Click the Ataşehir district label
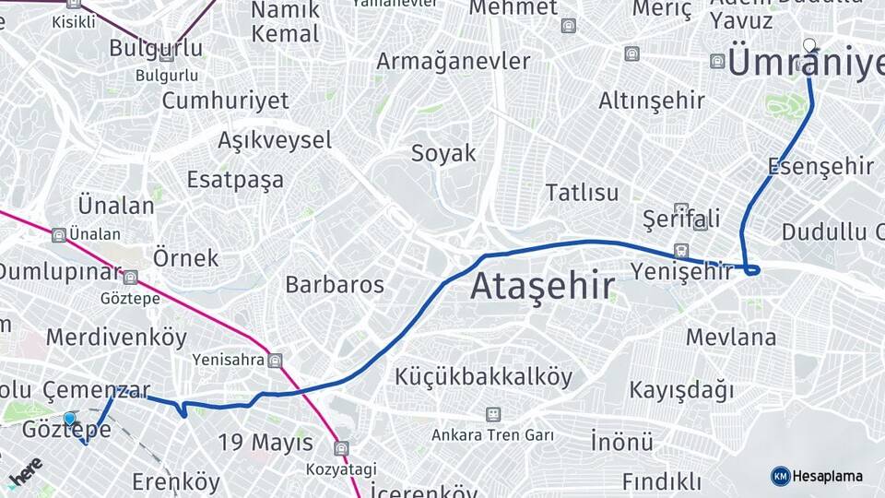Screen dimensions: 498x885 [542, 287]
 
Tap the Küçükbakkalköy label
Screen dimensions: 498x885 [484, 376]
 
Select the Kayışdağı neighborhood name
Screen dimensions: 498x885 [681, 390]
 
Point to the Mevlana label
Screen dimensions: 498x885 [730, 337]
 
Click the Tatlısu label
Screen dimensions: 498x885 [582, 193]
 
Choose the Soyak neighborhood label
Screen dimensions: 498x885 [443, 153]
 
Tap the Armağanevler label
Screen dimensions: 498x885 [453, 62]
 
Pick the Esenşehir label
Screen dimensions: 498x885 [820, 166]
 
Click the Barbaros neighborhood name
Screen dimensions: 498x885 [335, 284]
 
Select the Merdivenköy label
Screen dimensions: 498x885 [116, 337]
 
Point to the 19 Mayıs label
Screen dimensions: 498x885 [265, 443]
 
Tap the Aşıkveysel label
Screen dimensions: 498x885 [275, 140]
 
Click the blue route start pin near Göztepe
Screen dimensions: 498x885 [69, 419]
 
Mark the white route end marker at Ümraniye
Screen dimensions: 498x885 [809, 44]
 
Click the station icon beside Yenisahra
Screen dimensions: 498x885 [275, 360]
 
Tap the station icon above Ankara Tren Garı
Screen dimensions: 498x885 [493, 414]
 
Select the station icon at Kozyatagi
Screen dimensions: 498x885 [342, 447]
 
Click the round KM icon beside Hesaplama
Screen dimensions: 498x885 [780, 476]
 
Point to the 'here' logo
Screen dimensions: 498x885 [25, 471]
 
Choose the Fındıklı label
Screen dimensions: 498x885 [661, 481]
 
